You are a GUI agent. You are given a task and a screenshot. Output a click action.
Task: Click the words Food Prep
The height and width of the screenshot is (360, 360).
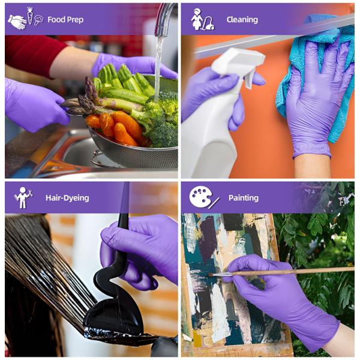point(65,20)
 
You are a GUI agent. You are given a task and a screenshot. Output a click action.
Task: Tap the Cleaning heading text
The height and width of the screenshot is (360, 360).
point(242,20)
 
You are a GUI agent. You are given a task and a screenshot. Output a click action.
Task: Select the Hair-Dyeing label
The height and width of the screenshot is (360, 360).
point(67,198)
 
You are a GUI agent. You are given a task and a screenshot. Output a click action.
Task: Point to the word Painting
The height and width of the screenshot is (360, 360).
point(244,198)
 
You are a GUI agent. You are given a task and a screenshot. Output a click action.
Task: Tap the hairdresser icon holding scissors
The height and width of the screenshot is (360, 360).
point(23,197)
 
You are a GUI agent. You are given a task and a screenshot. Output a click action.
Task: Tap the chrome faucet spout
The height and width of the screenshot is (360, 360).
point(164,19)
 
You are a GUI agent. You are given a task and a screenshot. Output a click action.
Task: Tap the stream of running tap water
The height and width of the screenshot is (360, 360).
point(158,69)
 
